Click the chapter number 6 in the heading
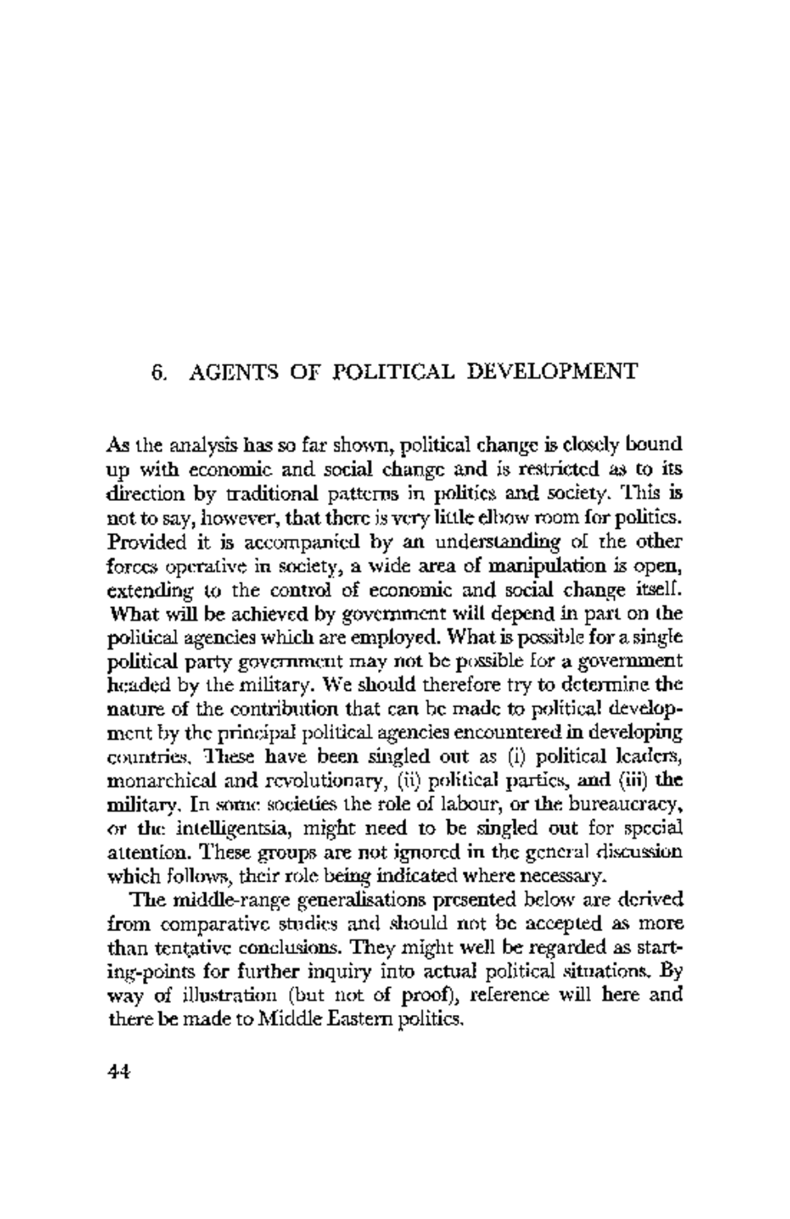(157, 372)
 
